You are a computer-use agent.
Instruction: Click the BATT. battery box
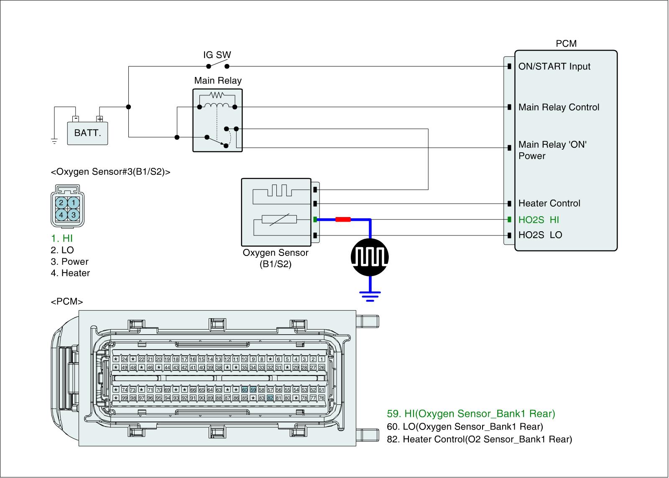coord(87,133)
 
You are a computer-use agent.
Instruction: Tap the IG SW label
coord(217,55)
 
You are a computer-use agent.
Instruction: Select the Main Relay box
coord(217,120)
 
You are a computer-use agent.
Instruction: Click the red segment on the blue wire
coord(343,219)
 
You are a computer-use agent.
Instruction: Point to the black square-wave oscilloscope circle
coord(369,257)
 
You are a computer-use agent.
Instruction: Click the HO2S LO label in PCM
coord(540,235)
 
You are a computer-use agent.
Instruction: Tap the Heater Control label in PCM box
coord(549,203)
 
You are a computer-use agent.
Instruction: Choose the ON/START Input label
coord(554,66)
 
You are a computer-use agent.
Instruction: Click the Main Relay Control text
coord(559,107)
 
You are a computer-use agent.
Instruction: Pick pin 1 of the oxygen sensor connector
coord(73,203)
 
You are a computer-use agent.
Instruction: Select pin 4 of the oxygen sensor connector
coord(61,215)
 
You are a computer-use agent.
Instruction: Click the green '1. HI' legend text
coord(62,238)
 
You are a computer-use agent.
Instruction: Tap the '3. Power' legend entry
coord(69,262)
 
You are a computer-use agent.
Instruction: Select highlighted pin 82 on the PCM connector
coord(270,398)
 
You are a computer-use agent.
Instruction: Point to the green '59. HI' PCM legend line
coord(471,414)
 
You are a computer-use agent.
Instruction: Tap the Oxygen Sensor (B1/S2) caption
coord(276,258)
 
